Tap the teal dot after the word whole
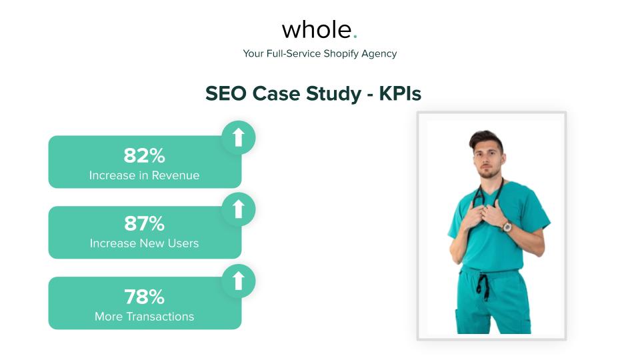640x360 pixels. (x=355, y=36)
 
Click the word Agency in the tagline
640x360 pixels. (x=379, y=53)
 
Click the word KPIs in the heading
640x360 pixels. (x=400, y=94)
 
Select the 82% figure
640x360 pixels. (x=144, y=155)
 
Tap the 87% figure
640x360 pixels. (x=144, y=223)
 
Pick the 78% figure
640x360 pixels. (x=144, y=297)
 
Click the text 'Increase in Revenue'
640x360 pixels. (x=144, y=175)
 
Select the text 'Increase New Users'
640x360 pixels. (x=144, y=243)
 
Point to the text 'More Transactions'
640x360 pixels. (x=144, y=317)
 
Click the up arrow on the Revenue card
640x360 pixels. (x=238, y=137)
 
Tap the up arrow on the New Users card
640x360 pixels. (x=238, y=209)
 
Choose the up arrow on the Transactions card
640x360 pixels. (x=238, y=280)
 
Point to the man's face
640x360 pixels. (x=485, y=157)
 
